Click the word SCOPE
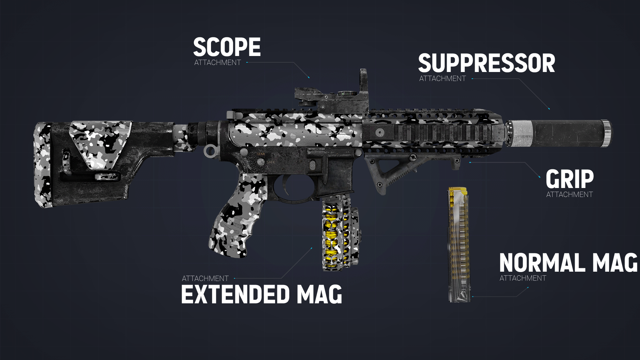[227, 47]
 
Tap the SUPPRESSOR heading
[487, 63]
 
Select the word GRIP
[570, 179]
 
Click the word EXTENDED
[235, 294]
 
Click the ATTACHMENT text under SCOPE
[218, 63]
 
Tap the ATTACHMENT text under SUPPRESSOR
[443, 79]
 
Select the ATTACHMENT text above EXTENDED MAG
[205, 278]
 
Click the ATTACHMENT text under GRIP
[570, 194]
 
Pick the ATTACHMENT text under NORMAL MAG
[523, 278]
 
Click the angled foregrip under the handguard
[400, 170]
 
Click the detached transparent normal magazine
[459, 245]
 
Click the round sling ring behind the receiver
[210, 151]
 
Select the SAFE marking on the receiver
[271, 162]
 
